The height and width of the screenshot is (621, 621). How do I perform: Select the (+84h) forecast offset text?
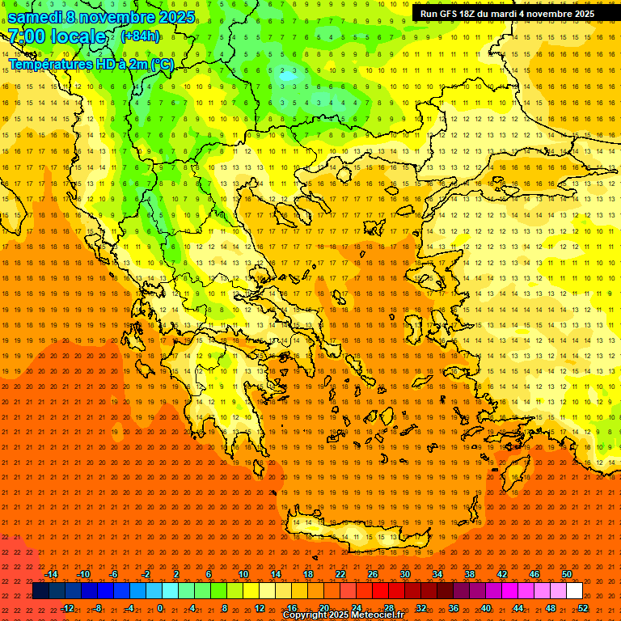[x=140, y=36]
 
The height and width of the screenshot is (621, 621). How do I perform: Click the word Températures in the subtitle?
[x=49, y=64]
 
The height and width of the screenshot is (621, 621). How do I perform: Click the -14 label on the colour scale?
[x=51, y=574]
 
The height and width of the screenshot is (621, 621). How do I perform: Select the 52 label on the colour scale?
[x=583, y=607]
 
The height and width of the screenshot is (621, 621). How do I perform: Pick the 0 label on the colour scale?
[x=160, y=607]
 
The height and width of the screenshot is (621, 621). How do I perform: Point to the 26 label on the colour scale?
[x=372, y=574]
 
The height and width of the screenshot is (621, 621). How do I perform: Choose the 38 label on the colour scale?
[x=470, y=574]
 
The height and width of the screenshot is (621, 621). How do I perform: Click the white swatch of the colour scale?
[x=574, y=591]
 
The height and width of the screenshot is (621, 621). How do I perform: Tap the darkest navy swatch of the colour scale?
[x=40, y=591]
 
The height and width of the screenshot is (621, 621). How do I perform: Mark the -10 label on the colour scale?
[x=82, y=574]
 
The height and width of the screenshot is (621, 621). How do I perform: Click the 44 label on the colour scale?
[x=518, y=607]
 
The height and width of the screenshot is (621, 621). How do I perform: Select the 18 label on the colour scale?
[x=307, y=574]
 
